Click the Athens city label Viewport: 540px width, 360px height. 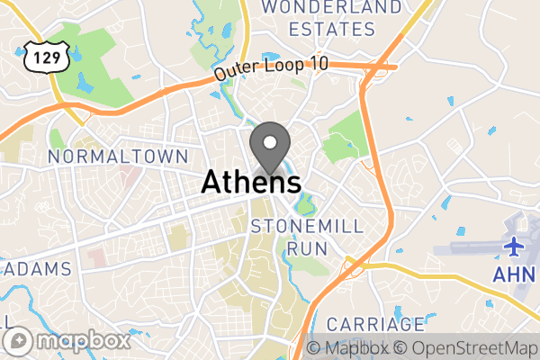coord(250,182)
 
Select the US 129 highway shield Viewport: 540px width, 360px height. coord(41,57)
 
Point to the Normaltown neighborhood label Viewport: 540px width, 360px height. coord(105,157)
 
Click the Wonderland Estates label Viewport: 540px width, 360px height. coord(330,17)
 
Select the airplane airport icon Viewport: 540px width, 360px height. coord(515,246)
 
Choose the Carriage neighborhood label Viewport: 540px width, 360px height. coord(374,323)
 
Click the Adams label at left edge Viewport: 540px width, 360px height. coord(35,269)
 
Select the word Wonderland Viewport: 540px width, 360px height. coord(330,7)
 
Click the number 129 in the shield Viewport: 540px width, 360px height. coord(41,58)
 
